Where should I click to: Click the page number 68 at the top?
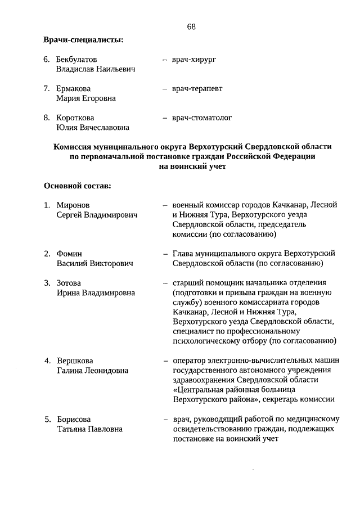(191, 28)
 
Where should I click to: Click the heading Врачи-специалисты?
(83, 39)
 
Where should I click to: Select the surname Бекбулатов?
(76, 58)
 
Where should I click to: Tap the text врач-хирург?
(194, 58)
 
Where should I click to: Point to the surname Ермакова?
(73, 88)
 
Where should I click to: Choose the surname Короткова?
(75, 118)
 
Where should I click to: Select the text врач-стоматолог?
(202, 118)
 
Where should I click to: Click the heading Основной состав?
(76, 185)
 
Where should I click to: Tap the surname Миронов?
(73, 205)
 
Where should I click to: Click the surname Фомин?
(69, 254)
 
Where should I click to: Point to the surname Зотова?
(69, 283)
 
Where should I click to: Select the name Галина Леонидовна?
(92, 371)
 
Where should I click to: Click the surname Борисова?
(73, 420)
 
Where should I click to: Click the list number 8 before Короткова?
(46, 118)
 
